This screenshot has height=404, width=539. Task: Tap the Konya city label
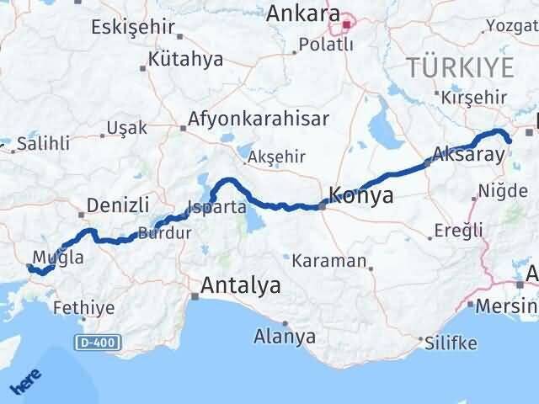[x=362, y=196]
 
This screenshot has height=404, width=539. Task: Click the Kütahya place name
[x=184, y=59]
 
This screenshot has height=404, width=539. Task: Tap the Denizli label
[x=119, y=205]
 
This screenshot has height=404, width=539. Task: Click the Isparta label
[x=216, y=207]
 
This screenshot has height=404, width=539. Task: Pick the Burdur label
[x=165, y=234]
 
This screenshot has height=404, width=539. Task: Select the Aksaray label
[x=467, y=155]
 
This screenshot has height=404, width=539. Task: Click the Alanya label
[x=285, y=337]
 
